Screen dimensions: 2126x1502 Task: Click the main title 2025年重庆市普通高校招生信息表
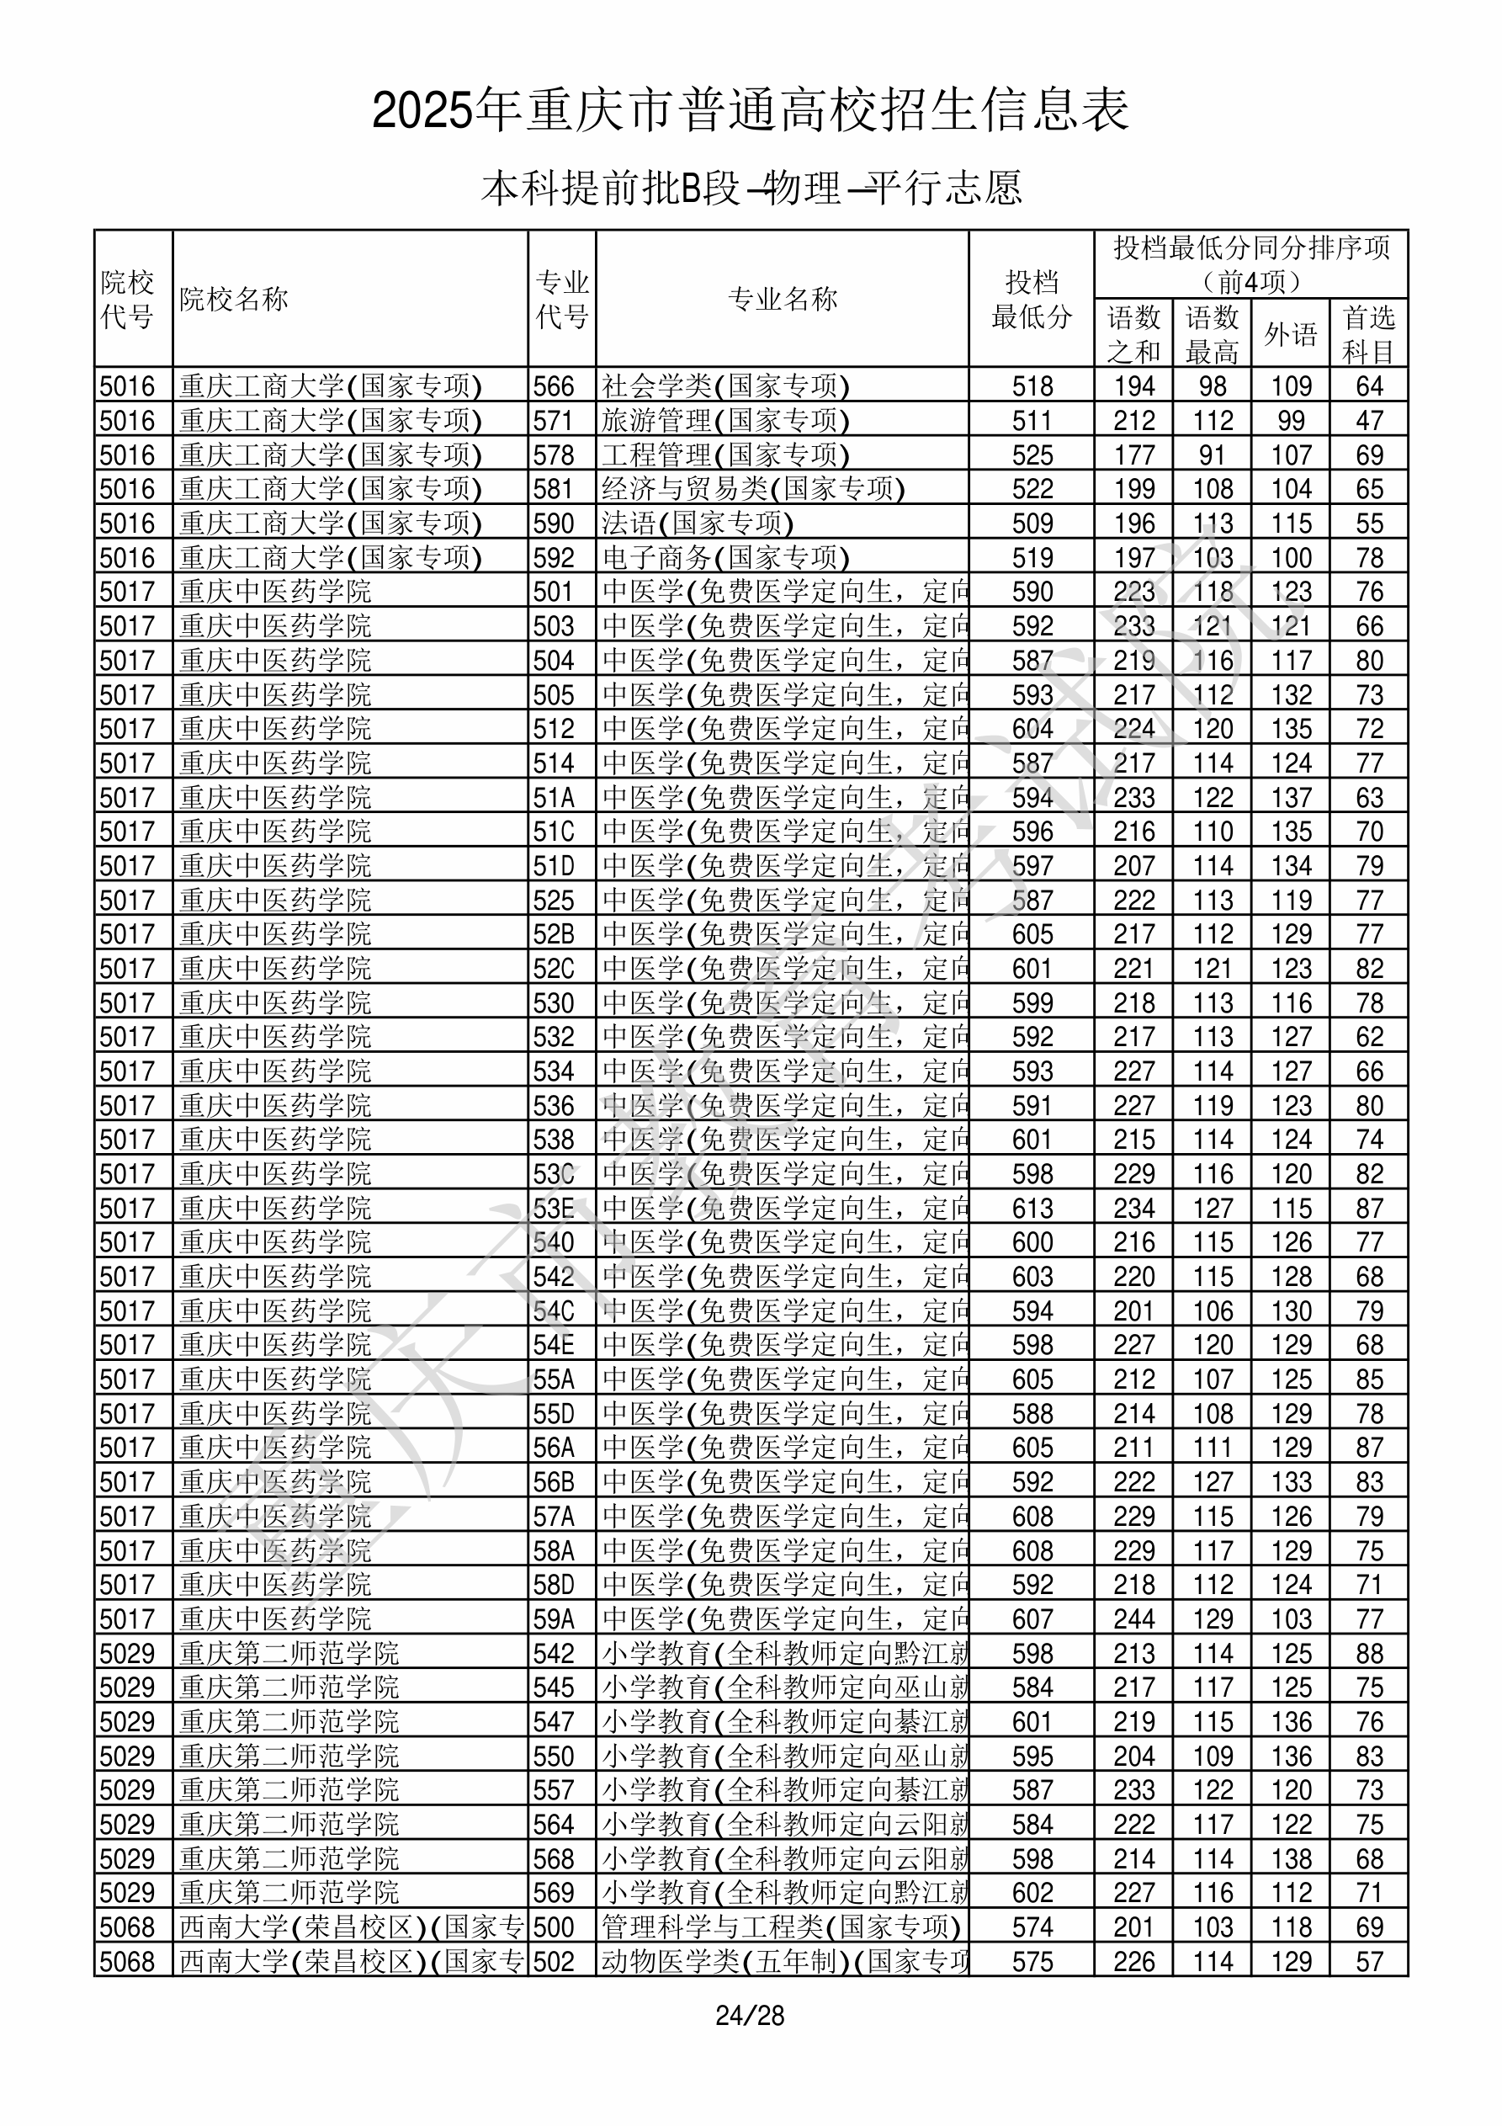point(751,110)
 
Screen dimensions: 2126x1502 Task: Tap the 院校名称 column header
point(234,299)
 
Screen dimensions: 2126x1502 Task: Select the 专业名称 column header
point(783,299)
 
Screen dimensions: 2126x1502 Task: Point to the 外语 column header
point(1291,333)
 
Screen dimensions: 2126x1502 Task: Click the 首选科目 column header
point(1369,333)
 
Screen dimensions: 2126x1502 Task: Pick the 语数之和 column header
point(1133,333)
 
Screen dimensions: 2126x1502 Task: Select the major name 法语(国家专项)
point(698,524)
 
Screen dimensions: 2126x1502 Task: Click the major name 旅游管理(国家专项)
point(725,420)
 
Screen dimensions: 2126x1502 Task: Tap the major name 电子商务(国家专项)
point(725,557)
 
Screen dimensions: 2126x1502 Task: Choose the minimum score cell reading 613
point(1032,1209)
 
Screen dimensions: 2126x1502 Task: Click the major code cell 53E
point(554,1209)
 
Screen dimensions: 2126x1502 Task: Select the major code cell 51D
point(554,866)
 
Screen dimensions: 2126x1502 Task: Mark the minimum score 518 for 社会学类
point(1032,386)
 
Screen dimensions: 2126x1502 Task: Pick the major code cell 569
point(554,1893)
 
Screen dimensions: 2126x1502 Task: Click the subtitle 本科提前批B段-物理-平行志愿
point(751,188)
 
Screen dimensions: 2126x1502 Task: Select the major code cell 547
point(554,1722)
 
